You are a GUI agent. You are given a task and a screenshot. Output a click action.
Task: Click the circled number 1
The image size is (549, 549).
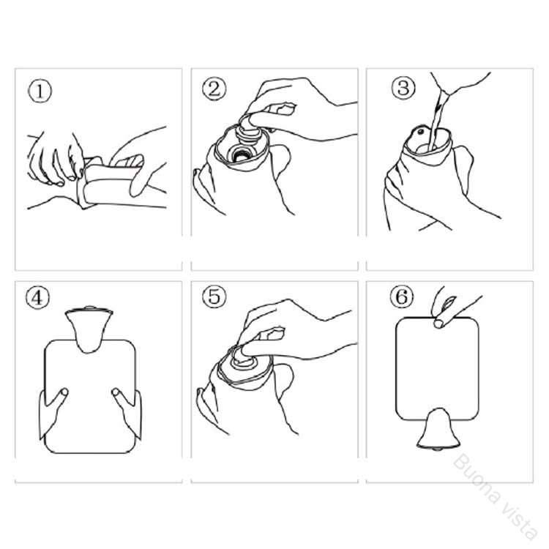click(40, 91)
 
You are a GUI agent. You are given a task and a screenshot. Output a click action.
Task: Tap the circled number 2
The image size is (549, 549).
click(214, 89)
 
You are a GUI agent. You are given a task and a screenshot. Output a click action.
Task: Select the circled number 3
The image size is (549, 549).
click(403, 87)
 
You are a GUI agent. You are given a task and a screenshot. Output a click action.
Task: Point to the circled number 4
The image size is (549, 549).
click(37, 298)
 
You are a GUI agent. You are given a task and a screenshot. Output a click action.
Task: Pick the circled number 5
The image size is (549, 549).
click(214, 296)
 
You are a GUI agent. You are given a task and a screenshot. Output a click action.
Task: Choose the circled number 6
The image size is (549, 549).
click(402, 296)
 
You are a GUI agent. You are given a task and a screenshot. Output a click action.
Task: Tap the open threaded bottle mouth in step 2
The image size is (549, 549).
click(241, 154)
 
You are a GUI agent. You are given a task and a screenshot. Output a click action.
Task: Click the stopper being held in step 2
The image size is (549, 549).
click(249, 130)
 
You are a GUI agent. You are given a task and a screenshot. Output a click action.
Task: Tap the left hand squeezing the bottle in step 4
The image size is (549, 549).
click(53, 412)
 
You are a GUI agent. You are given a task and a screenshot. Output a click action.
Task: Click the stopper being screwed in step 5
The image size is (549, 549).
click(247, 358)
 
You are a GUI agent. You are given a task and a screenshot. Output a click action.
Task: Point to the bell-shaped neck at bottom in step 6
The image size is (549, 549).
click(438, 429)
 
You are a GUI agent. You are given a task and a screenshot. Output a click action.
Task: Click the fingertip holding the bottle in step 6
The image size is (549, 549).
click(438, 323)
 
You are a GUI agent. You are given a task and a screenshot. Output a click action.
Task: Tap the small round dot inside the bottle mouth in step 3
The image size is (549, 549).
click(420, 132)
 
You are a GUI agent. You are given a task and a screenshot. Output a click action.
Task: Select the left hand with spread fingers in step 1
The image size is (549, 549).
click(56, 158)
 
